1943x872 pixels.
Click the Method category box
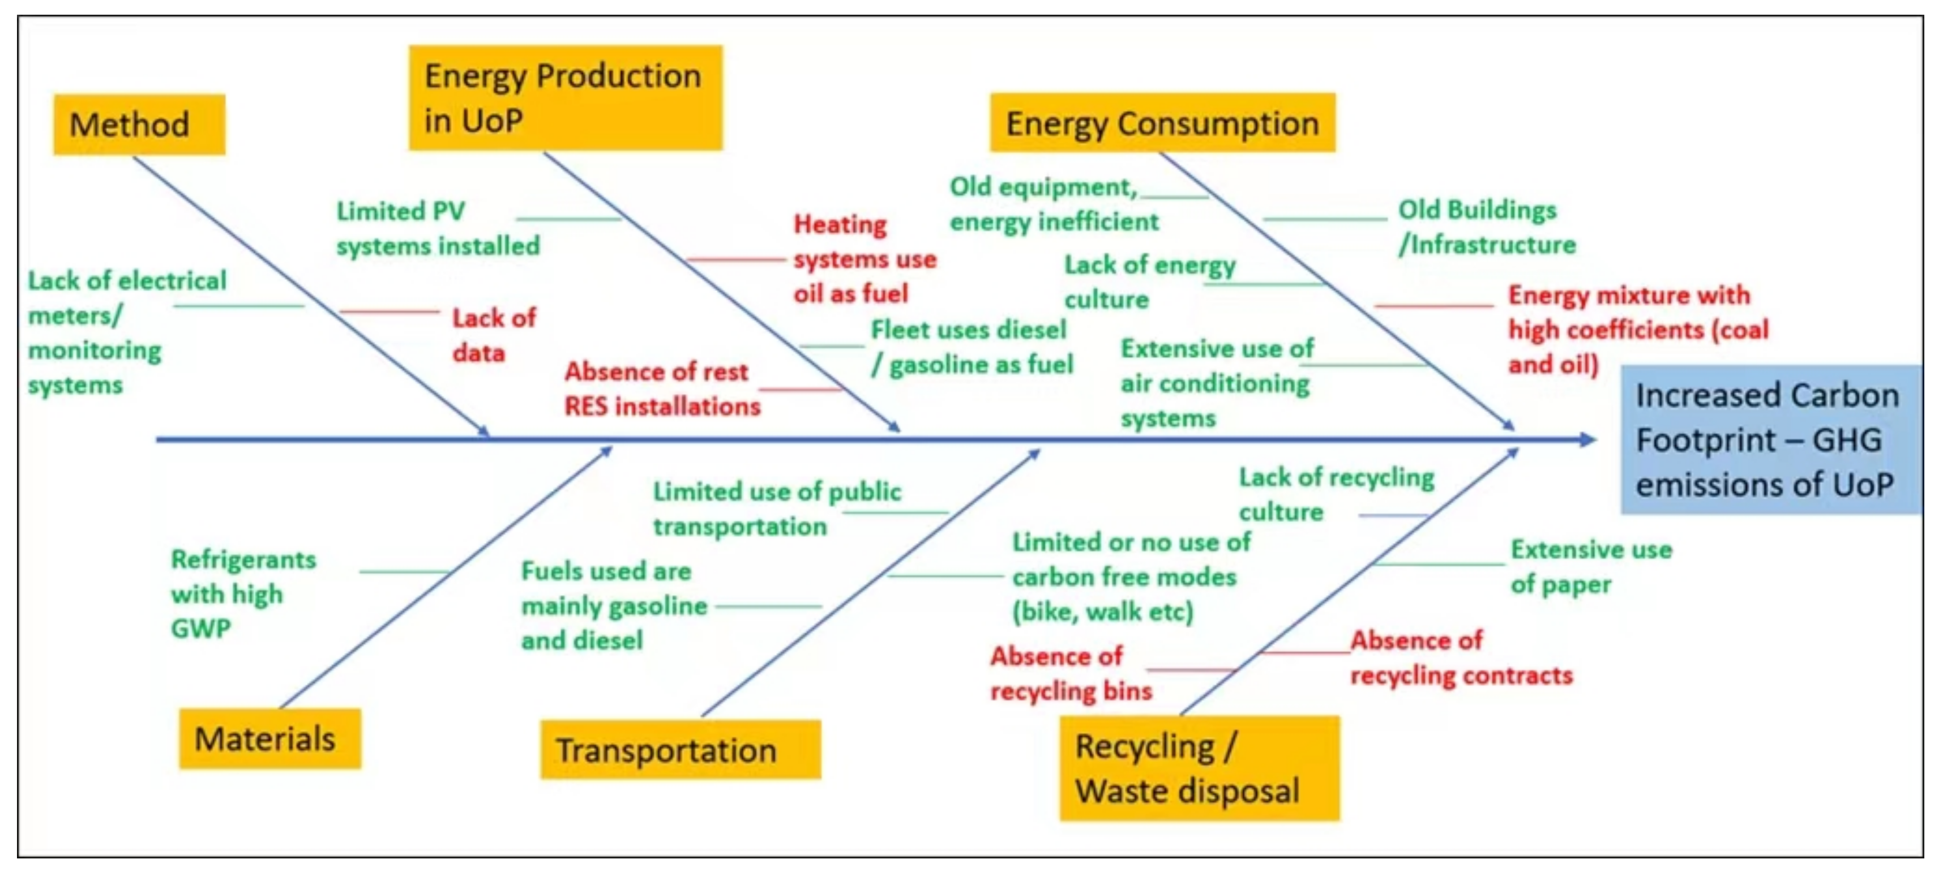click(x=139, y=125)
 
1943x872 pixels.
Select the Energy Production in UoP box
click(x=565, y=98)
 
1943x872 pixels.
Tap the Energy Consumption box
click(x=1162, y=123)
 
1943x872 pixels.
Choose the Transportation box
click(x=679, y=749)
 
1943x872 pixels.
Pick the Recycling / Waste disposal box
click(x=1199, y=768)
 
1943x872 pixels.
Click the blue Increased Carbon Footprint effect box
click(x=1770, y=440)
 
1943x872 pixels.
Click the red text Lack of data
click(x=493, y=335)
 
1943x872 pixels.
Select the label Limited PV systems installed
click(x=438, y=228)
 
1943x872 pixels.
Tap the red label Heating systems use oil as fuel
click(x=863, y=258)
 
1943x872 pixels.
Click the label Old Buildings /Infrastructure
click(x=1486, y=226)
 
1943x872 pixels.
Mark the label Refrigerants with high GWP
click(x=242, y=593)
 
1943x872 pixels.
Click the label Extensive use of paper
click(x=1590, y=566)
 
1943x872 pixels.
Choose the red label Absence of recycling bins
click(x=1071, y=673)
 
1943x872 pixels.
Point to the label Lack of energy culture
click(x=1149, y=281)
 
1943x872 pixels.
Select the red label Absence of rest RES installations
click(x=661, y=388)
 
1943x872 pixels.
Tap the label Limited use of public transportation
click(x=776, y=508)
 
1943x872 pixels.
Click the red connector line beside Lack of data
click(x=388, y=311)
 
